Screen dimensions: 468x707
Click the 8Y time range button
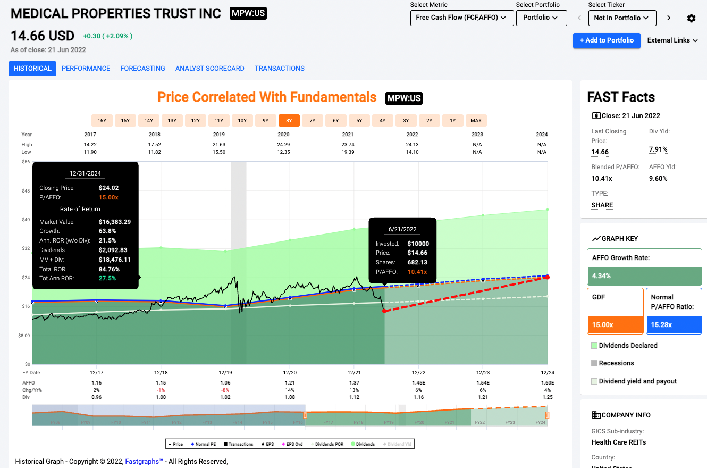pyautogui.click(x=289, y=120)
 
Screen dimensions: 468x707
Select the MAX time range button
pyautogui.click(x=476, y=120)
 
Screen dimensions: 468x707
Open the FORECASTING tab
pyautogui.click(x=142, y=68)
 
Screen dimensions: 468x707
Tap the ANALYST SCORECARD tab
pyautogui.click(x=209, y=68)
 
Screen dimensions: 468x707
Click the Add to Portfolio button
pyautogui.click(x=607, y=40)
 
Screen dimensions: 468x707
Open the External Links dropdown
pyautogui.click(x=672, y=40)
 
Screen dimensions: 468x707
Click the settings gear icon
pyautogui.click(x=691, y=18)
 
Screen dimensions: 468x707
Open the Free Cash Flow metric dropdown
pyautogui.click(x=461, y=18)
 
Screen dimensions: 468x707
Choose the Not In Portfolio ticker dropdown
pyautogui.click(x=621, y=18)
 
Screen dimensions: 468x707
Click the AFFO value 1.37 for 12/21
pyautogui.click(x=354, y=383)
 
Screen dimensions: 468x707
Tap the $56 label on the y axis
pyautogui.click(x=26, y=162)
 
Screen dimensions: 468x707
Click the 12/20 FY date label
pyautogui.click(x=290, y=373)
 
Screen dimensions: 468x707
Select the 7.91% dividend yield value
pyautogui.click(x=658, y=149)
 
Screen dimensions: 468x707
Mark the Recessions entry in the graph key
pyautogui.click(x=616, y=363)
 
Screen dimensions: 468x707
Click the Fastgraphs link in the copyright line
pyautogui.click(x=144, y=462)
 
